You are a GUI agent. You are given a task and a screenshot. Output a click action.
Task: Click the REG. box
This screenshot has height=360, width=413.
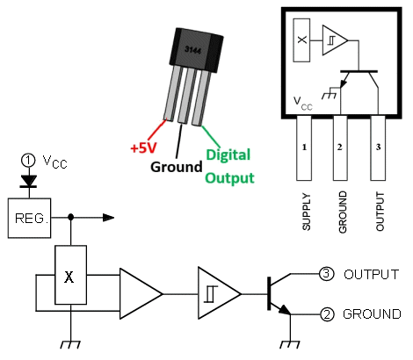pos(29,218)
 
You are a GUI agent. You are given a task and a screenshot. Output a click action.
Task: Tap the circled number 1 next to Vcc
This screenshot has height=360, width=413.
pos(28,161)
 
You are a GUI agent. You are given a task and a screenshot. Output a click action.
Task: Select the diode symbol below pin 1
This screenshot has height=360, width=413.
pos(28,181)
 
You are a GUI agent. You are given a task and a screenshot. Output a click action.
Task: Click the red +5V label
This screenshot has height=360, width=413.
pos(143,148)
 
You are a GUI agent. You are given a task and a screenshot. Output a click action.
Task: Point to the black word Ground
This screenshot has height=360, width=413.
pos(177,167)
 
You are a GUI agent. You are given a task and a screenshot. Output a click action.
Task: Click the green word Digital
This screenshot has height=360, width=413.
pos(228,155)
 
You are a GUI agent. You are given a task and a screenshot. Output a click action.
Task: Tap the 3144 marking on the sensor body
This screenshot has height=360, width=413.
pos(193,50)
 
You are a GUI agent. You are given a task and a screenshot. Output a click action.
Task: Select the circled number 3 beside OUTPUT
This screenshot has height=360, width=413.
pos(326,274)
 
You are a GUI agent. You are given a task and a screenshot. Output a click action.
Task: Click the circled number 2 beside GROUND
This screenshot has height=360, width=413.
pos(327,314)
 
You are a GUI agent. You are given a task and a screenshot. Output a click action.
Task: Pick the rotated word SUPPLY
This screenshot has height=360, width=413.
pos(306,212)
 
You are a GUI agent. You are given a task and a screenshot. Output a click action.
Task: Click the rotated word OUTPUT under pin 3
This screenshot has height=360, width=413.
pos(380,212)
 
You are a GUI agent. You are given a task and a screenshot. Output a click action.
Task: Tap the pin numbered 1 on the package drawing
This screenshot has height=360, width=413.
pos(304,148)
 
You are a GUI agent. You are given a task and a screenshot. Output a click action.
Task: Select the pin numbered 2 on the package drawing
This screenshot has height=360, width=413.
pos(340,148)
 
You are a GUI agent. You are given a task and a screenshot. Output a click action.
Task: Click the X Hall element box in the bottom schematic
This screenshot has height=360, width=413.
pos(71,275)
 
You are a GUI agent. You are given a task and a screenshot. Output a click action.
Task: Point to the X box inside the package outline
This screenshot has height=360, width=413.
pos(301,40)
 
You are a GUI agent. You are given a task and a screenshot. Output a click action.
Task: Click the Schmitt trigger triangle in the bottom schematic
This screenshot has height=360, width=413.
pos(220,293)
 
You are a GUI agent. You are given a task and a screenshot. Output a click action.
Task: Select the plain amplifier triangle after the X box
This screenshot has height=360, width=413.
pos(141,293)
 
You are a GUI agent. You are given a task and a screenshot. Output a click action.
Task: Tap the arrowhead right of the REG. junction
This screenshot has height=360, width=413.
pos(108,218)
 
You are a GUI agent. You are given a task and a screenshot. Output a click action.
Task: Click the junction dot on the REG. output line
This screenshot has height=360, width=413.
pos(70,217)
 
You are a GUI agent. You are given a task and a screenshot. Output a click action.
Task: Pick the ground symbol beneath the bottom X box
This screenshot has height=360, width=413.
pos(70,344)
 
